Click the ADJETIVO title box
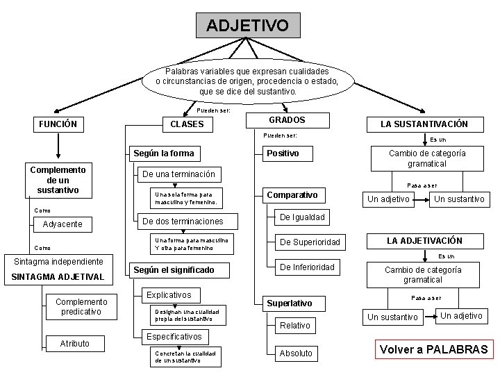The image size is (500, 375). pyautogui.click(x=249, y=26)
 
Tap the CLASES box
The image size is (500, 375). pyautogui.click(x=187, y=124)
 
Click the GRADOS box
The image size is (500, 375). pyautogui.click(x=287, y=120)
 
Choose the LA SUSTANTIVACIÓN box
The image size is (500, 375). pyautogui.click(x=423, y=124)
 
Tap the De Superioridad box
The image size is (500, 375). pyautogui.click(x=310, y=242)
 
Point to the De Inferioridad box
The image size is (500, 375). pyautogui.click(x=308, y=267)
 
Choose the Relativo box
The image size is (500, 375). pyautogui.click(x=295, y=325)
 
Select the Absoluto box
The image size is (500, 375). pyautogui.click(x=296, y=353)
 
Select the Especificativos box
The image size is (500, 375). pyautogui.click(x=174, y=336)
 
